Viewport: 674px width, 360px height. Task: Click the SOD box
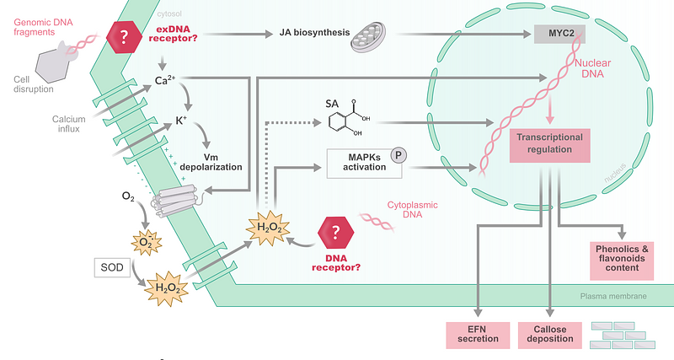click(x=111, y=269)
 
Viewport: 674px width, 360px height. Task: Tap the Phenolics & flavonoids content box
click(x=623, y=259)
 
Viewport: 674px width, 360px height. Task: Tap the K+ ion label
click(x=180, y=121)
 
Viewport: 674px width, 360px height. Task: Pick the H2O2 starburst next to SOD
click(x=165, y=287)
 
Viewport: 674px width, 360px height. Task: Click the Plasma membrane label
click(x=613, y=296)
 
